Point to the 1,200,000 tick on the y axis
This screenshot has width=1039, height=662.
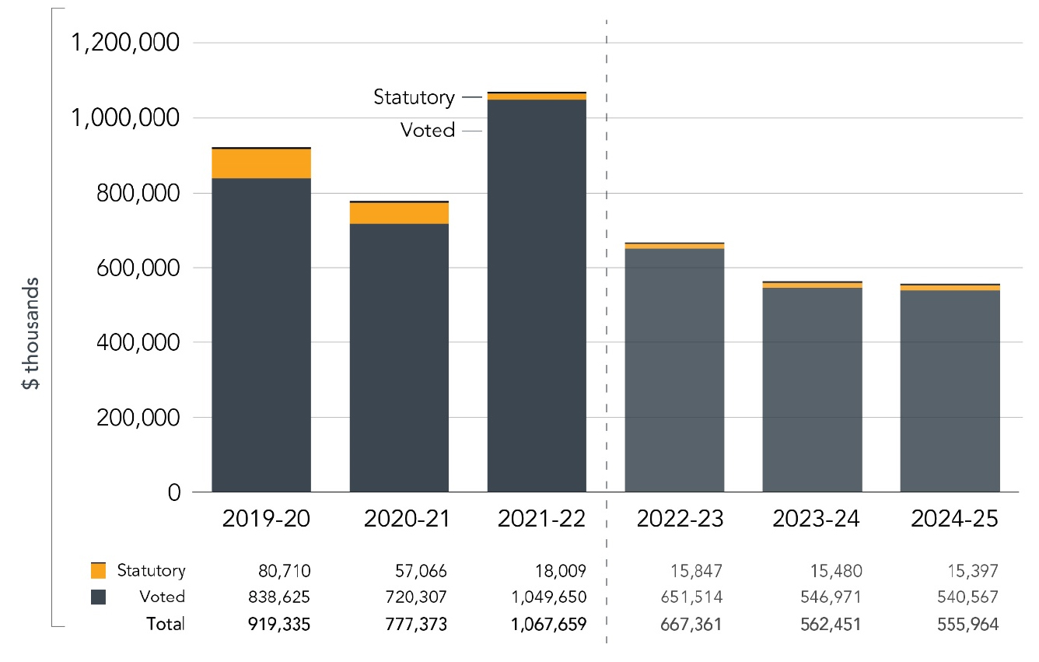pos(125,43)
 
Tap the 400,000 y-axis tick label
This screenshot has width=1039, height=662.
pos(137,342)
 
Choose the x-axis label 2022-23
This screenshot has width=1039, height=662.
pos(674,519)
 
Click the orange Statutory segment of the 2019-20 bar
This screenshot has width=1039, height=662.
pos(261,163)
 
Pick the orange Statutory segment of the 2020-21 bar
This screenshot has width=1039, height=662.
pos(399,213)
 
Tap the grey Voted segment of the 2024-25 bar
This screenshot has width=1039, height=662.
pos(950,389)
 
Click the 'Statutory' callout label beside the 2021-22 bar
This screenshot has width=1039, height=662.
pos(414,97)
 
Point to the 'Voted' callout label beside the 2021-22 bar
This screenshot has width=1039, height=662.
pos(427,131)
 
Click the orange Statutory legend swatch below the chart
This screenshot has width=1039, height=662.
pos(99,570)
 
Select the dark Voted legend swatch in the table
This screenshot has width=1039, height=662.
pos(99,597)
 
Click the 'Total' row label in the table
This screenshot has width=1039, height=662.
pos(166,624)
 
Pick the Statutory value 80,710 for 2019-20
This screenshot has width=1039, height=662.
pos(285,571)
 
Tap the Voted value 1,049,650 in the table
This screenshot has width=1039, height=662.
pos(548,597)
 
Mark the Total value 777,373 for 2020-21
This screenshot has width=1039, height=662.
pos(421,624)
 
